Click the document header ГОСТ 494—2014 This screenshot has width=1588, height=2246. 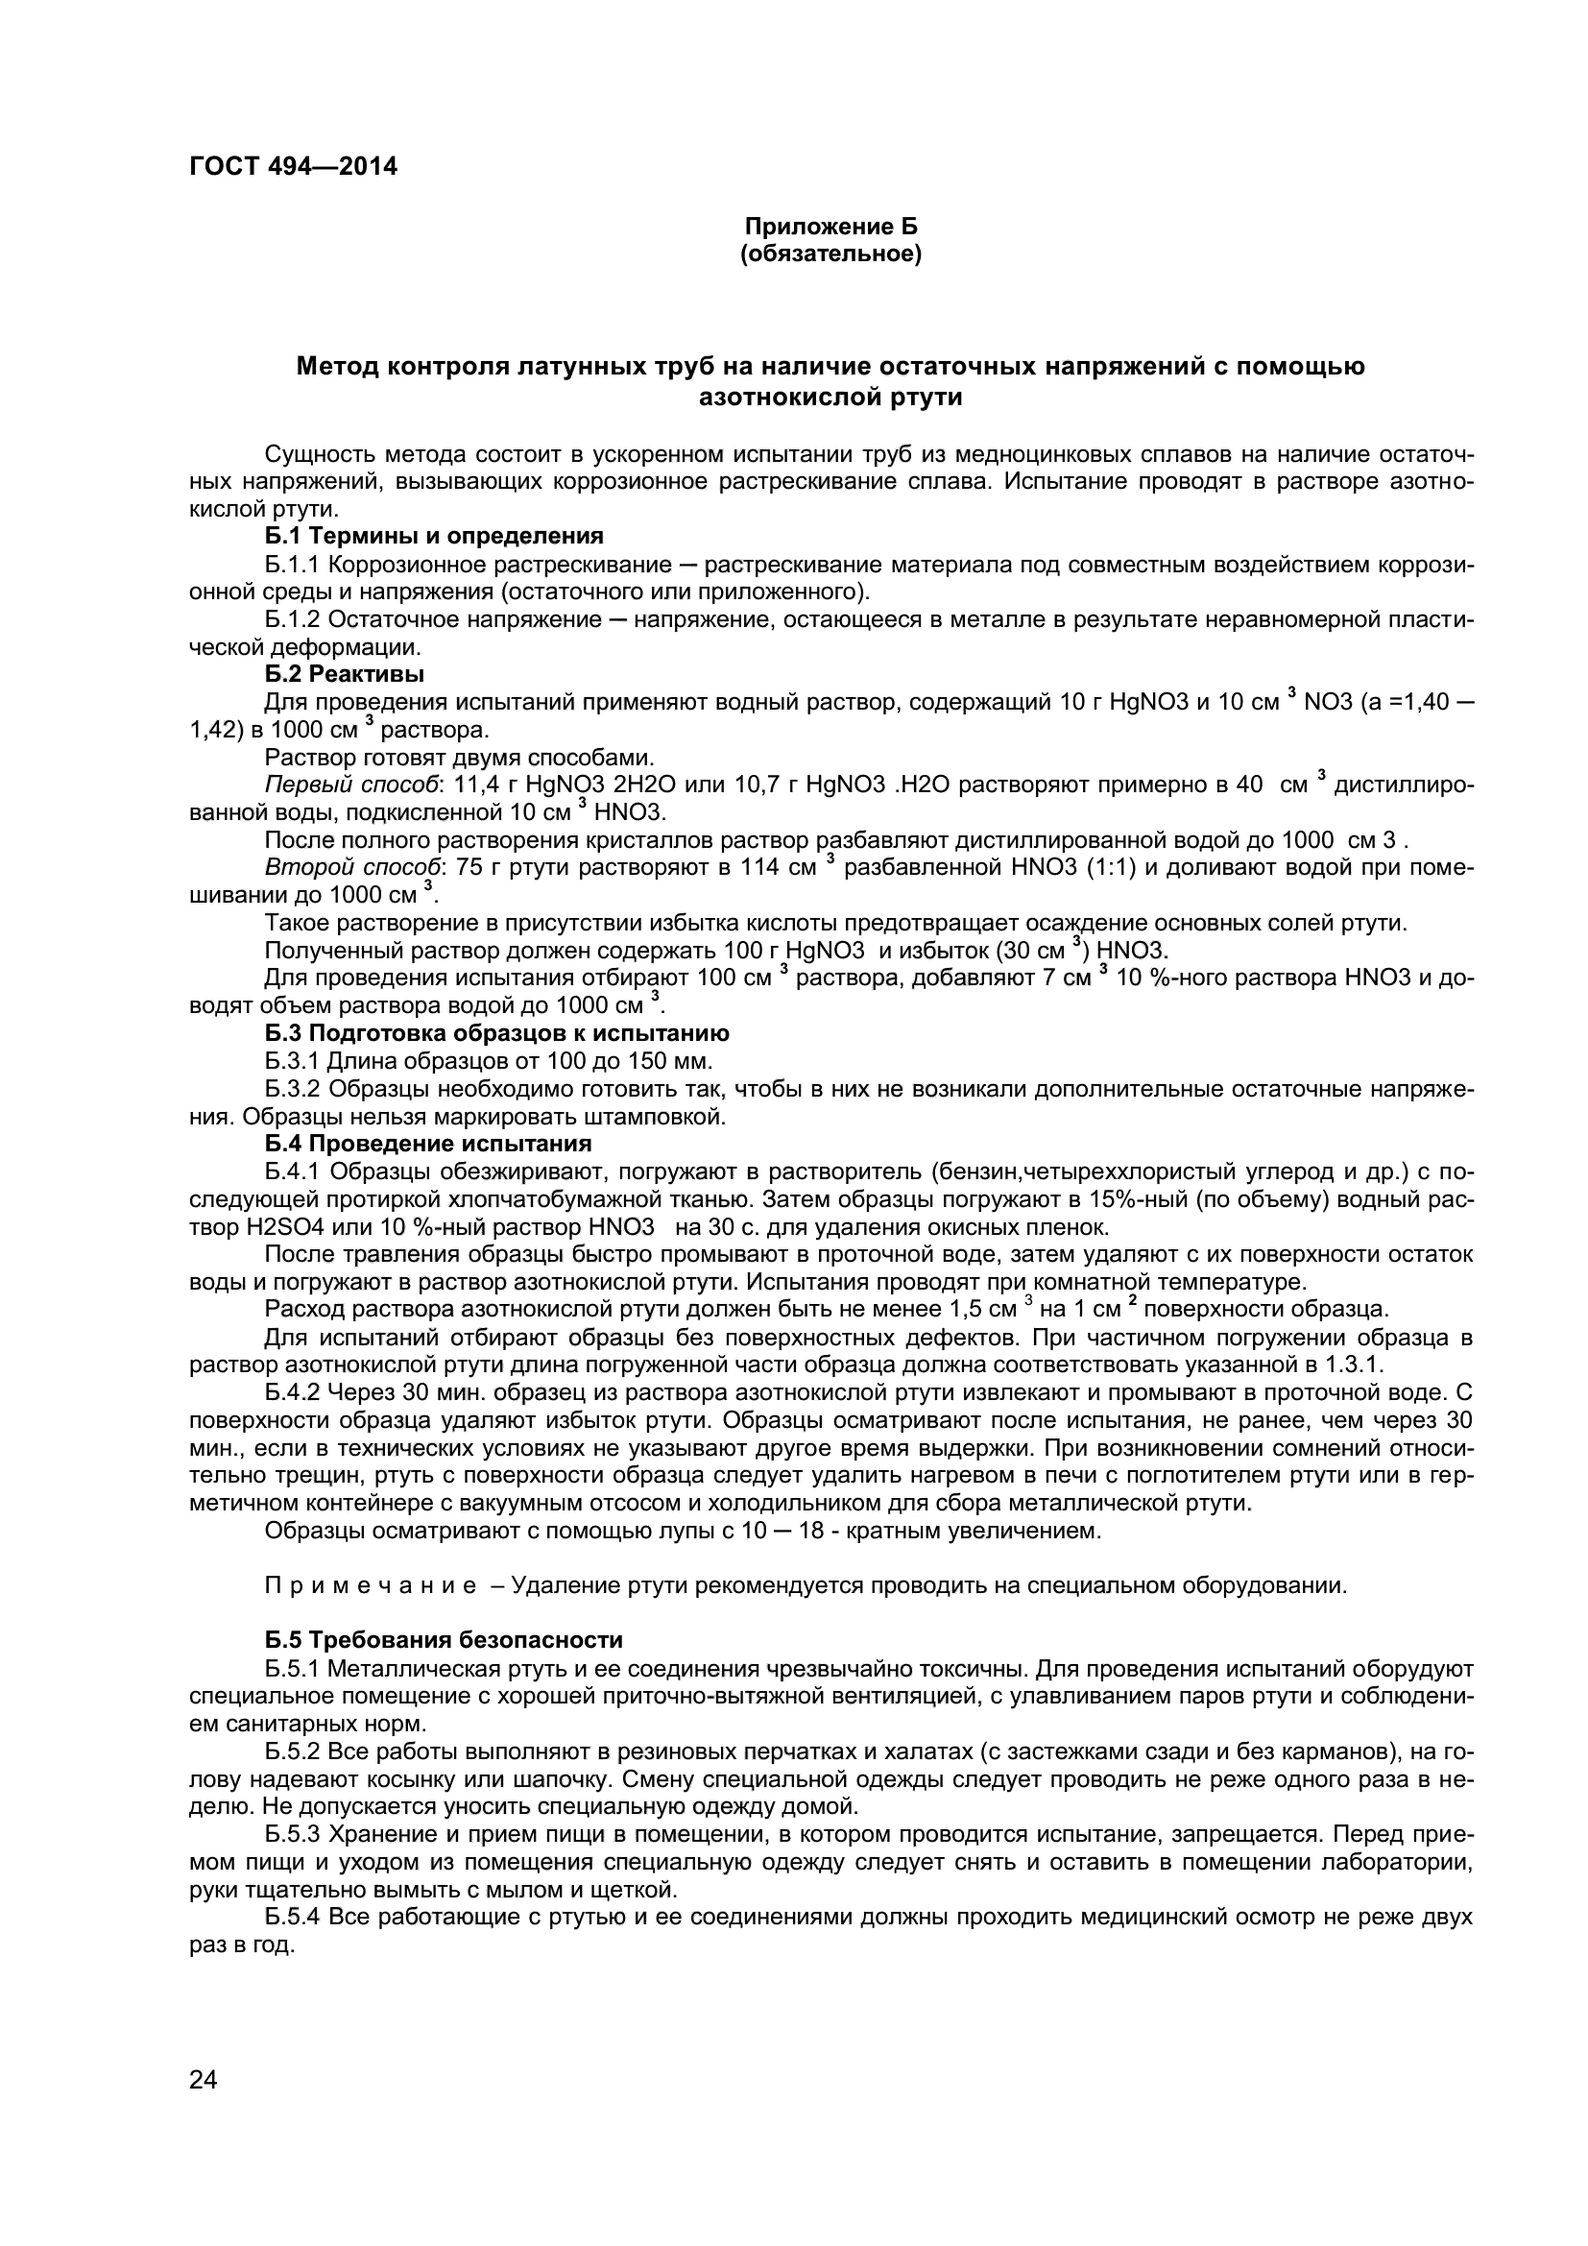pos(294,166)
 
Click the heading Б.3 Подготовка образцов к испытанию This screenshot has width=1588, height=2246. pos(496,1033)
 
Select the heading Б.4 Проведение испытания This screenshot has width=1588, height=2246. pos(427,1144)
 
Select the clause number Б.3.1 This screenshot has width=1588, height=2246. pos(293,1061)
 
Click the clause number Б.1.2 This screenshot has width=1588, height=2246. pos(293,619)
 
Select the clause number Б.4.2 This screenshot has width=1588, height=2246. pos(293,1393)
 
